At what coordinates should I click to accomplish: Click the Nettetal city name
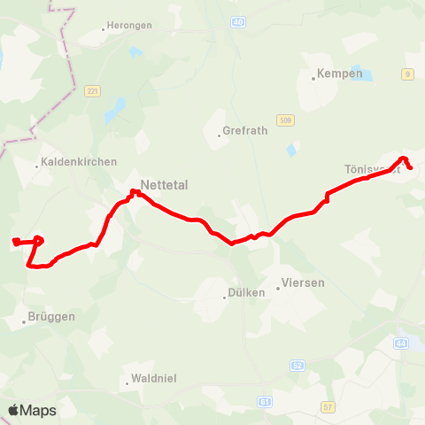click(x=165, y=186)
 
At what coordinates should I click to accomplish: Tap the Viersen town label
click(x=302, y=283)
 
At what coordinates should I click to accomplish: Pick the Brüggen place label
click(x=52, y=316)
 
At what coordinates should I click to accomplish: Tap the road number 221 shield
click(x=92, y=91)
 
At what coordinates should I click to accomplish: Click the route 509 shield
click(x=284, y=120)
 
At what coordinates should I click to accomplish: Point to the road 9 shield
click(x=407, y=74)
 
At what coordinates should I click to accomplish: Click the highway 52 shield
click(x=297, y=364)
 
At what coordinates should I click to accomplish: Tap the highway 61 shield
click(x=265, y=402)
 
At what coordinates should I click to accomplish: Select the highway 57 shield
click(x=328, y=406)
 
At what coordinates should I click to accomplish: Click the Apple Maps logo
click(x=32, y=410)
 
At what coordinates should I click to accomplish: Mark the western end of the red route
click(x=15, y=241)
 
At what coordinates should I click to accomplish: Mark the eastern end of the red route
click(x=411, y=168)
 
